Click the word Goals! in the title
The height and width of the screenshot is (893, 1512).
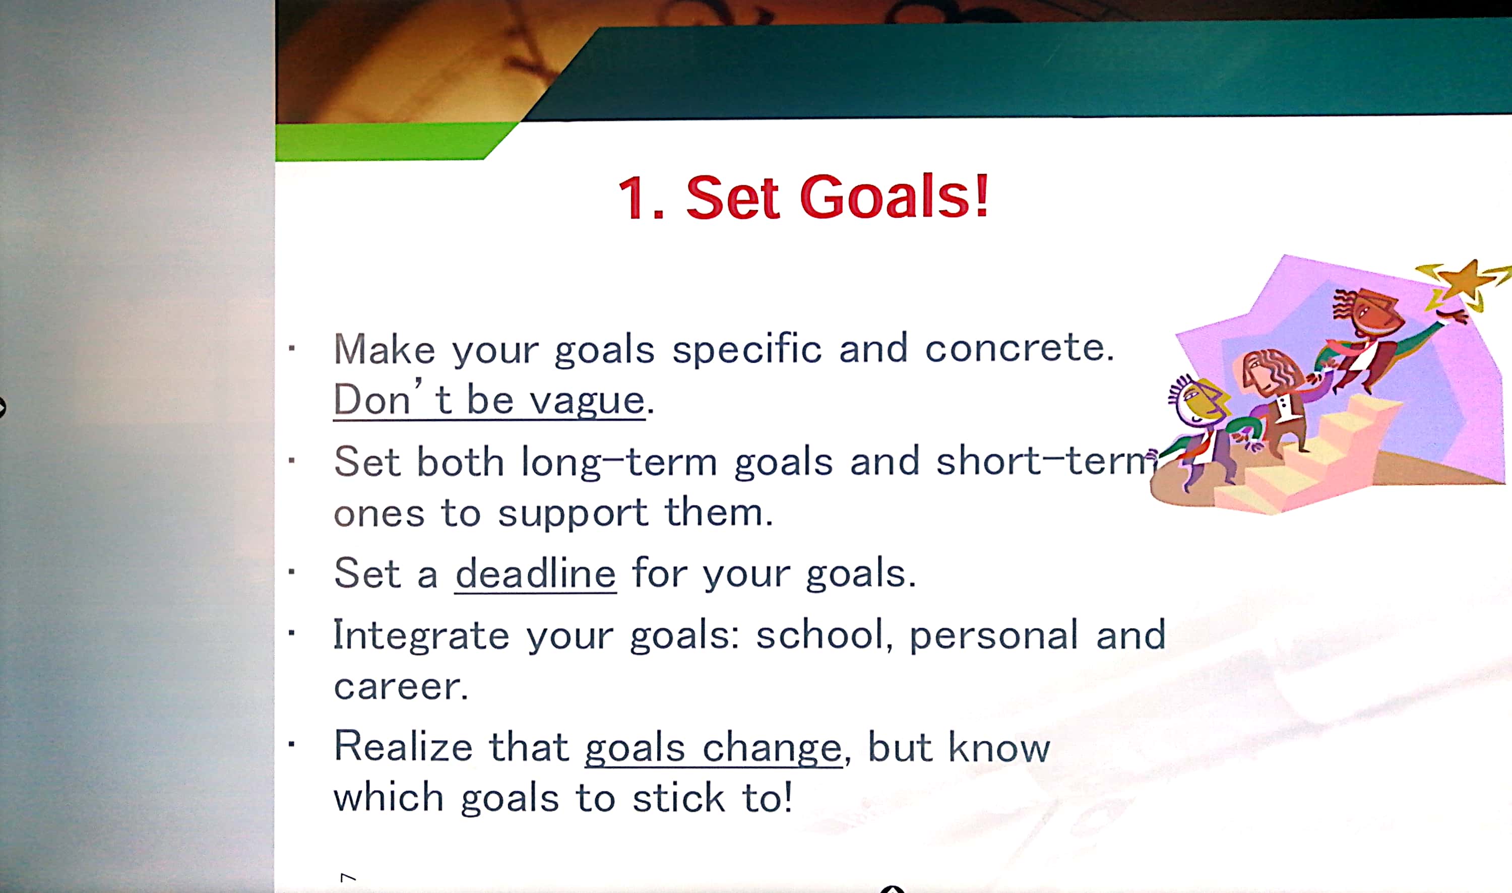[x=894, y=196]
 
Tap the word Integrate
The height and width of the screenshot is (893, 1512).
[x=421, y=635]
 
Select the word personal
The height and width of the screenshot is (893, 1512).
[x=993, y=635]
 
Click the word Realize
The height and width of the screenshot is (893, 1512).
[x=403, y=746]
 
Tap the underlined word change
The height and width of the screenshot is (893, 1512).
[x=772, y=748]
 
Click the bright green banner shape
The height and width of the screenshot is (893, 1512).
[x=385, y=142]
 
